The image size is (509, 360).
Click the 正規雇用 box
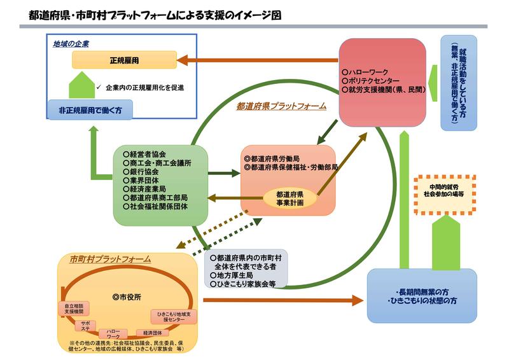click(x=123, y=60)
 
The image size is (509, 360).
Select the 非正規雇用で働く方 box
click(x=91, y=110)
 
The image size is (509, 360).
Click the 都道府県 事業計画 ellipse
click(x=289, y=198)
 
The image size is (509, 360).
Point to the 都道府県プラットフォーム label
click(x=281, y=106)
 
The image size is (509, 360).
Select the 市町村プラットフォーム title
click(x=110, y=259)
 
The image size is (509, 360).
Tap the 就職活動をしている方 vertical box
click(x=458, y=83)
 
